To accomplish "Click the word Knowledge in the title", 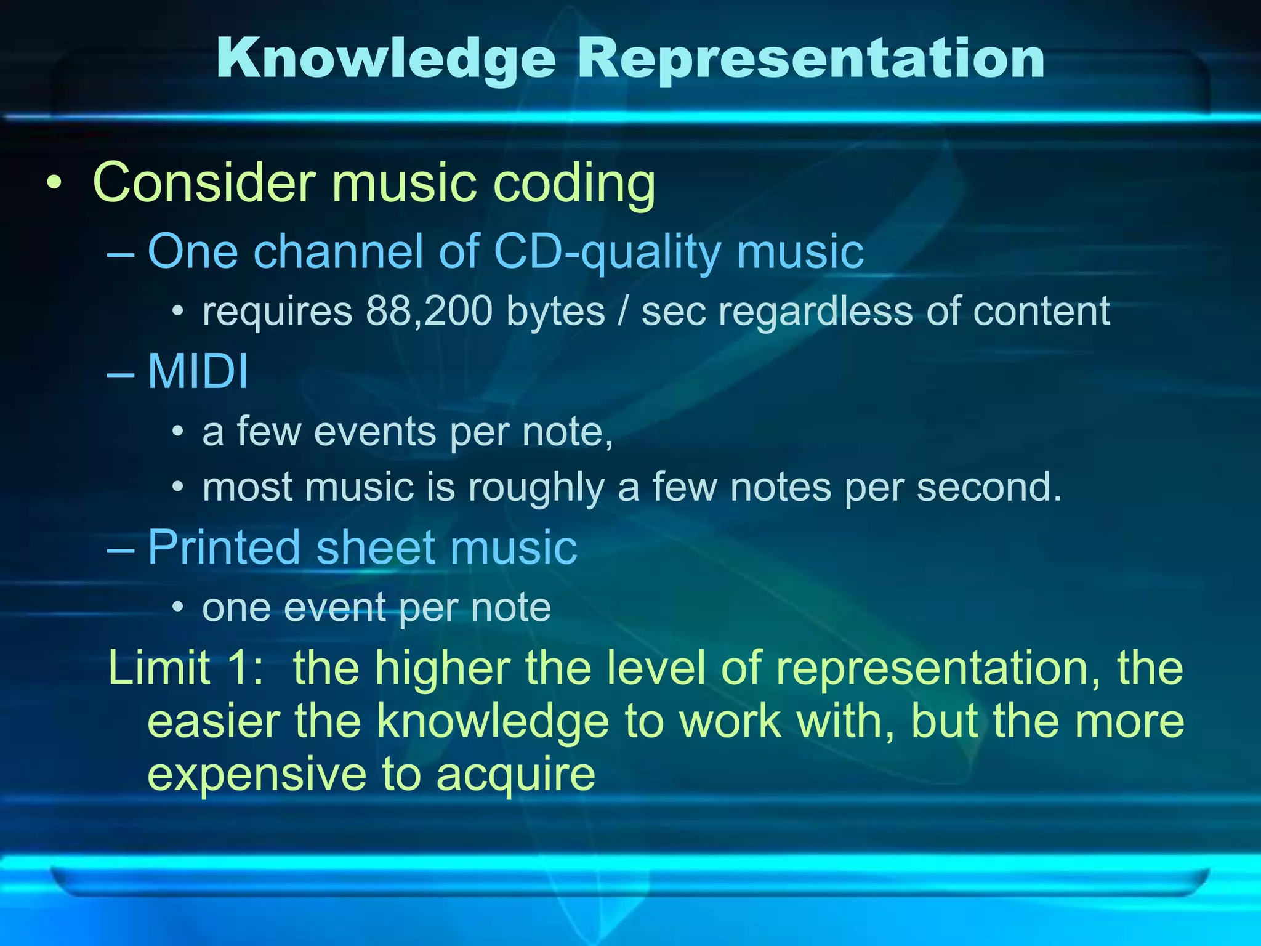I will click(386, 59).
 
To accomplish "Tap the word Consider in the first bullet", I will click(204, 182).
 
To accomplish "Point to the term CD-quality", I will click(607, 252).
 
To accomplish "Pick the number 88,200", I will click(429, 311).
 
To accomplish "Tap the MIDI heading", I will click(198, 371).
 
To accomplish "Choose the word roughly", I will click(536, 488).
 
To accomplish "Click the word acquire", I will click(516, 775).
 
